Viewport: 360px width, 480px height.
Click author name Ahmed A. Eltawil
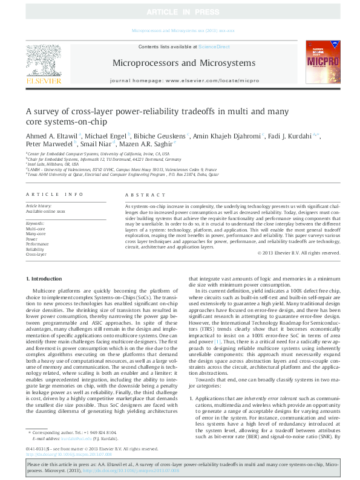(51, 137)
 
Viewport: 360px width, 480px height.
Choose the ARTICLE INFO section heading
(54, 195)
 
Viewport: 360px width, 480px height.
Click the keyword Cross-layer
(36, 254)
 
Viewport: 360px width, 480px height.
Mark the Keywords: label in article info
(36, 224)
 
